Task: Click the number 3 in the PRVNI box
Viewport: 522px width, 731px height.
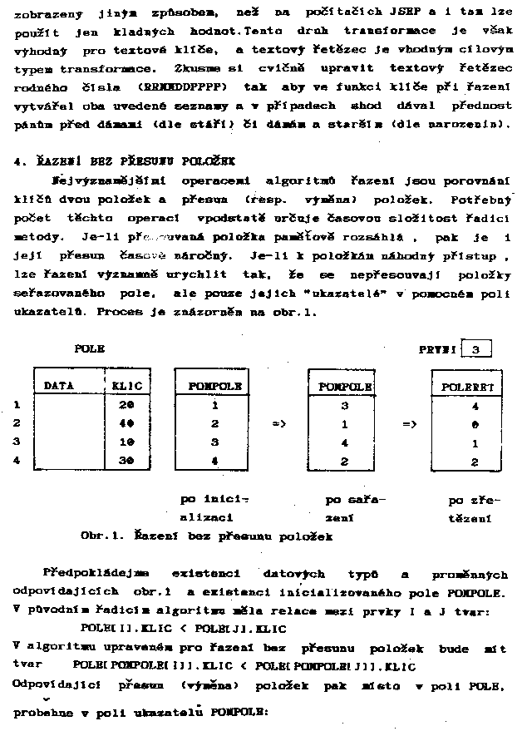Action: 475,350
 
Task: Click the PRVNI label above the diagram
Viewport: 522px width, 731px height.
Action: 435,350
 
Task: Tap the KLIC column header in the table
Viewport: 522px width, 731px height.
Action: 126,387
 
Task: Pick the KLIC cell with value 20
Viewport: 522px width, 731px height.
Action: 126,405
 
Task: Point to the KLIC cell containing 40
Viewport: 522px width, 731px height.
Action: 126,423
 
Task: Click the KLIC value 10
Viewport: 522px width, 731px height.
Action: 126,442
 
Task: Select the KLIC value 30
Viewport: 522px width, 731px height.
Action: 126,460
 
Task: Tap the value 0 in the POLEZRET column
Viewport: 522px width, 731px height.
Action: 475,424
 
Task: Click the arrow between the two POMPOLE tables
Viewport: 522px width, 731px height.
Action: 279,424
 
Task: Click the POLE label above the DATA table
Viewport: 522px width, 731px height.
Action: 89,349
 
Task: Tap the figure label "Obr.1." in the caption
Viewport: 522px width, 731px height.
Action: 102,536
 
